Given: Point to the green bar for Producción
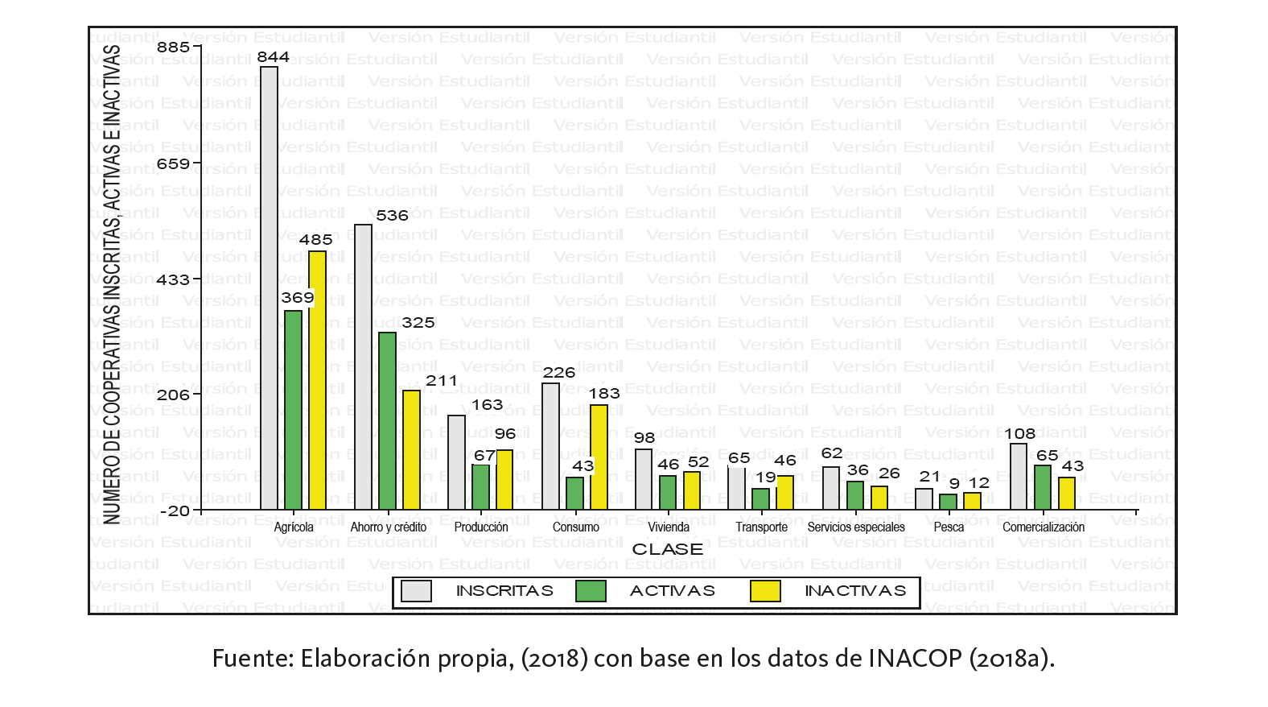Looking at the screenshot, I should point(480,487).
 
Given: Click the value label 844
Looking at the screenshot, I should point(273,57).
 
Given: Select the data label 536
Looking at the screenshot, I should point(392,216).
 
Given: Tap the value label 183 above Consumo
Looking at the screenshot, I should point(603,394).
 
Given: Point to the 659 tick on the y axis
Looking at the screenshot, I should point(173,164).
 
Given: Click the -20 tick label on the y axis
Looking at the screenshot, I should point(175,511).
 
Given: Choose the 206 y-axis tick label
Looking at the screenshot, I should point(173,395).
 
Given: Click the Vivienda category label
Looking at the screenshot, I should point(669,527).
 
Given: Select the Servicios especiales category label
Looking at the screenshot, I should point(855,527).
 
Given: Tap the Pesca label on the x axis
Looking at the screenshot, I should point(949,527).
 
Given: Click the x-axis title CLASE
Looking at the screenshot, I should point(667,549).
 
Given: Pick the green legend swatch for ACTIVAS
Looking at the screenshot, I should point(591,591).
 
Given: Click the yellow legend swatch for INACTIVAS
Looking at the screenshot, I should point(765,591).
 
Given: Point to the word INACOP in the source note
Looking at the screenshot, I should point(915,659).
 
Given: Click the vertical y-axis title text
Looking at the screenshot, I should point(113,282).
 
